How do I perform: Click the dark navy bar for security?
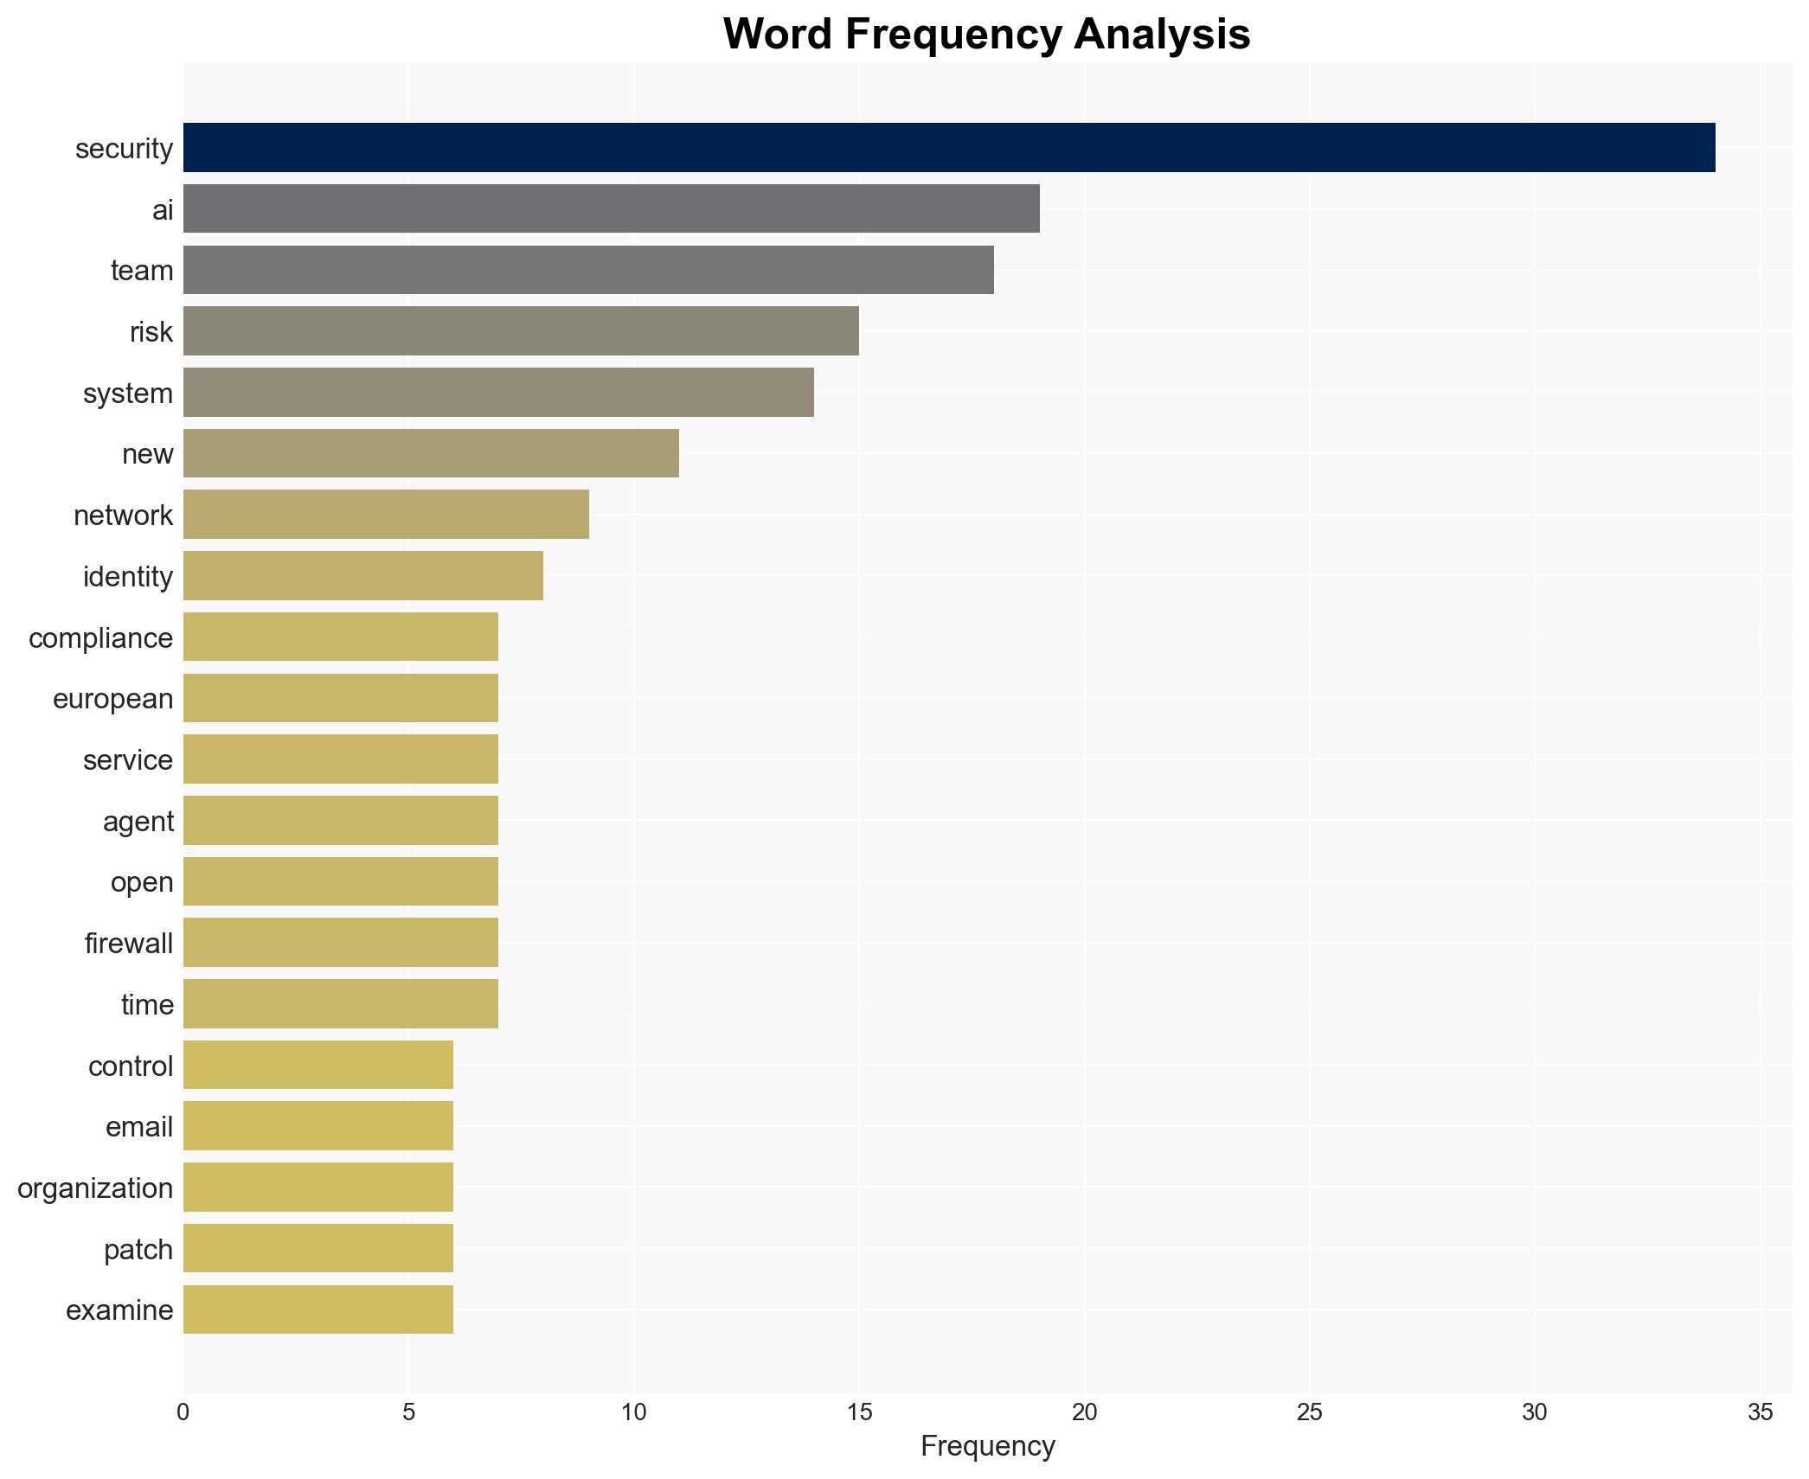point(948,148)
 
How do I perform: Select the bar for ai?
point(611,208)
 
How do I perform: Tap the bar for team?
point(588,270)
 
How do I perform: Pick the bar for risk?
point(521,331)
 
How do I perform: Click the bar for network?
point(386,515)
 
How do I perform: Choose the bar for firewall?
point(341,943)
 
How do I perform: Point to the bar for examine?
point(318,1309)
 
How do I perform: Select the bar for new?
point(431,453)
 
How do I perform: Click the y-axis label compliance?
point(100,638)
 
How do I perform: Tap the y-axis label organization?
point(95,1188)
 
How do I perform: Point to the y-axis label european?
point(112,699)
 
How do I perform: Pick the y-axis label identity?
point(127,576)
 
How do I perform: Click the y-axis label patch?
point(138,1250)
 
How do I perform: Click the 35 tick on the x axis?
point(1760,1412)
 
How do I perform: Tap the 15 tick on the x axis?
point(859,1412)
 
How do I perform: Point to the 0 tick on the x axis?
point(183,1412)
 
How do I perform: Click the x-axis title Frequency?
point(987,1446)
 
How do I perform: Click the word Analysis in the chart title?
point(1162,35)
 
